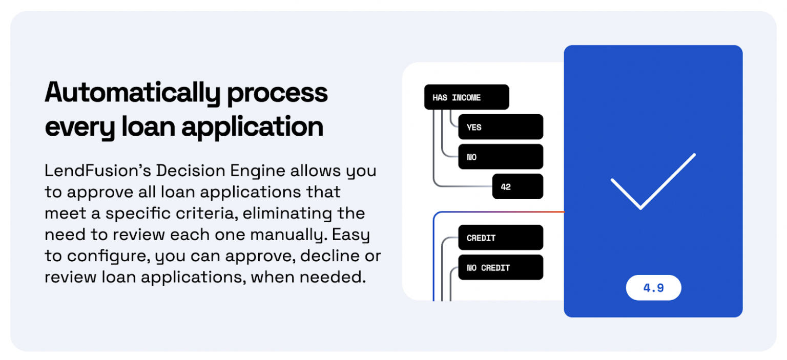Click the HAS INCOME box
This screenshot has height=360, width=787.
(x=466, y=97)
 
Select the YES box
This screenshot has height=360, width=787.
(x=500, y=127)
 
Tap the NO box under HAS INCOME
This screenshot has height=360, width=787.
(x=500, y=157)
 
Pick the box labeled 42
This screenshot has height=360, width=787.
(x=517, y=186)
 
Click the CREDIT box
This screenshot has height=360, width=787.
(x=500, y=238)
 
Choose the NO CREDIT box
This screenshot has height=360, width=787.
(x=500, y=267)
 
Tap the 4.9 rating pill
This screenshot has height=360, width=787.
(x=653, y=288)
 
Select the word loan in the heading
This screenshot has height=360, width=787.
(x=149, y=127)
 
